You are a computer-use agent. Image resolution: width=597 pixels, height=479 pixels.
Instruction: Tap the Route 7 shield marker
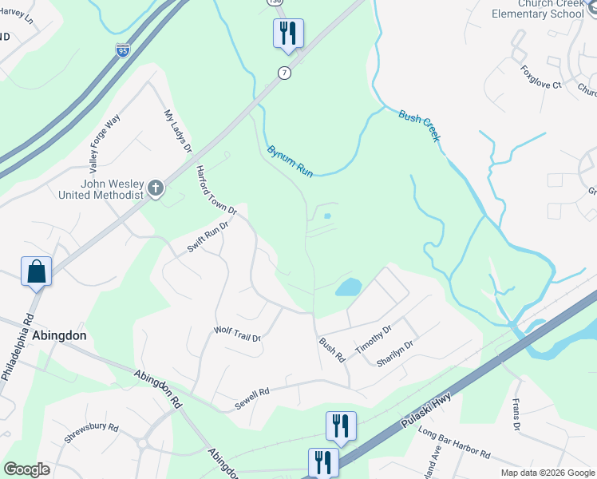(284, 73)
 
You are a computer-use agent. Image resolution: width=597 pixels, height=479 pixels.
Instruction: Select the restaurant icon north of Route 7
(287, 34)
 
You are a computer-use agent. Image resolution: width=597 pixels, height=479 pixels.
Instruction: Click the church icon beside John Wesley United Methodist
(156, 188)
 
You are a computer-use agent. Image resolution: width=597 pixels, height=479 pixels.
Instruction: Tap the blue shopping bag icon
(37, 271)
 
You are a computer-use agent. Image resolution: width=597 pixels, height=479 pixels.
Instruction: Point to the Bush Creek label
(419, 126)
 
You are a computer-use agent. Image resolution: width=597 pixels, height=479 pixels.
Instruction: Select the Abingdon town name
(59, 336)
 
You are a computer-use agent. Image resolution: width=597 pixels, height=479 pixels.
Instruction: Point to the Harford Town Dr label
(217, 189)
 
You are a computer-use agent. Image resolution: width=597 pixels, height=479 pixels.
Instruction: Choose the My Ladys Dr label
(178, 131)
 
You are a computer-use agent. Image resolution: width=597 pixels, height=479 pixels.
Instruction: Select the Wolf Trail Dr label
(238, 334)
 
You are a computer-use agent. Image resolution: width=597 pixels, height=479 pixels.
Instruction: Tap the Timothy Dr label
(374, 338)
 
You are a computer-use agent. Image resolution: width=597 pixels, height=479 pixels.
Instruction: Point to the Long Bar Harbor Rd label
(453, 444)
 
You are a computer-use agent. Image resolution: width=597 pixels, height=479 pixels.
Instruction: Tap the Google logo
(27, 469)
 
